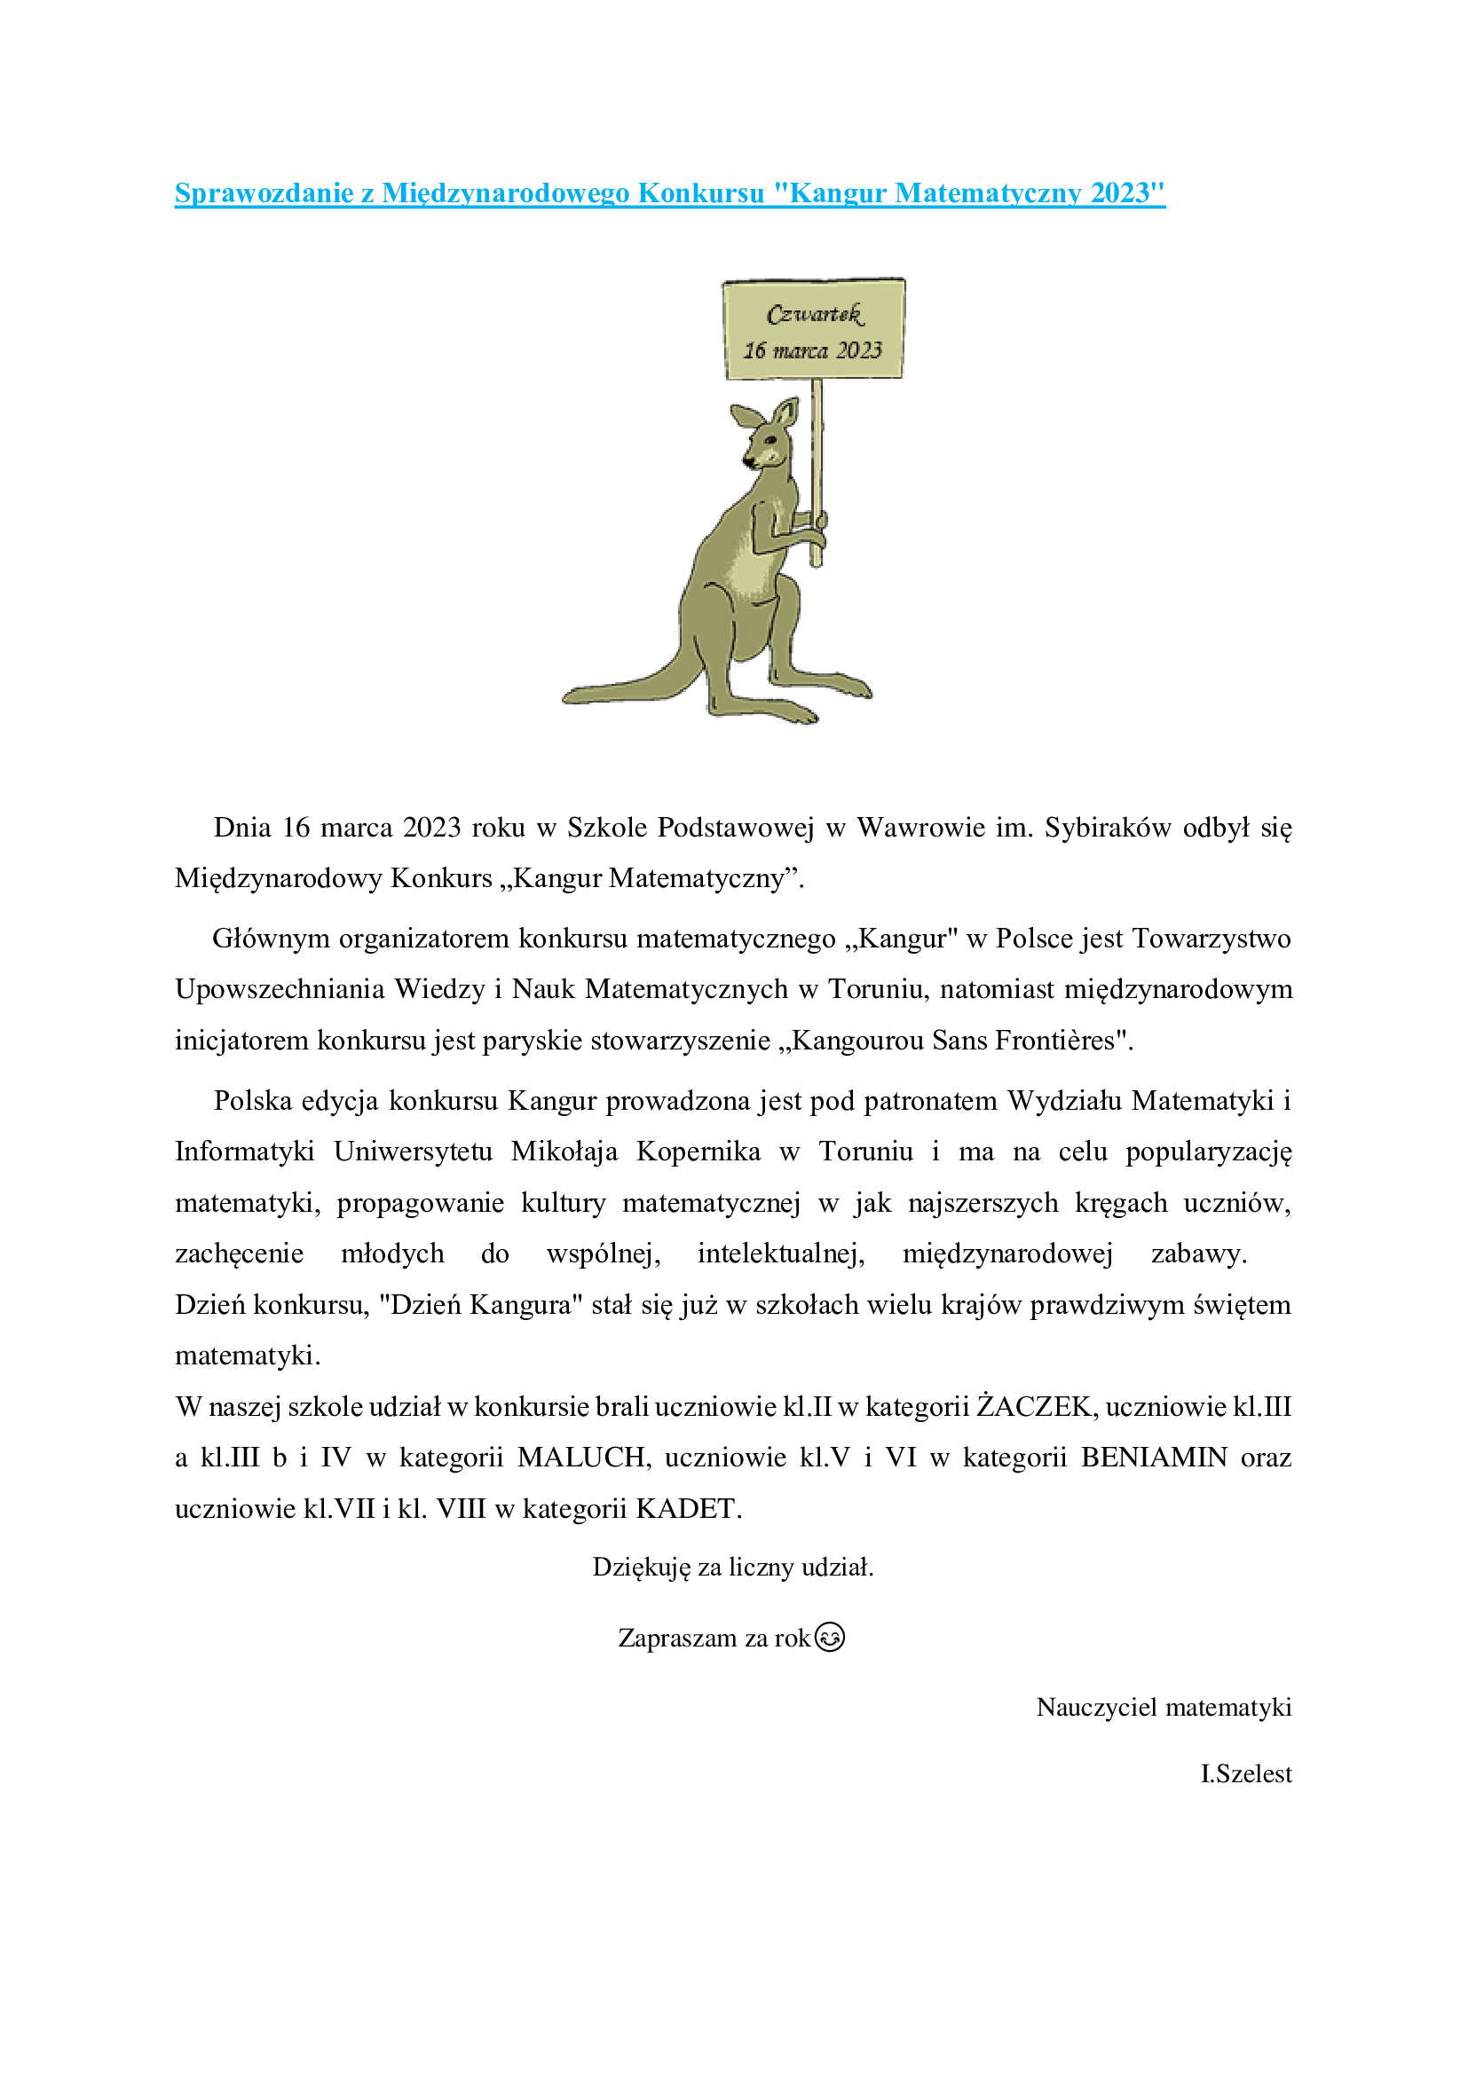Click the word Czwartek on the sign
[815, 315]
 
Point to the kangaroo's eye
[770, 439]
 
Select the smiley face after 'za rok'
[829, 1638]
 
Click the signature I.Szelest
[1245, 1774]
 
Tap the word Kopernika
[698, 1151]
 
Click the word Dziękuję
[641, 1567]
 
